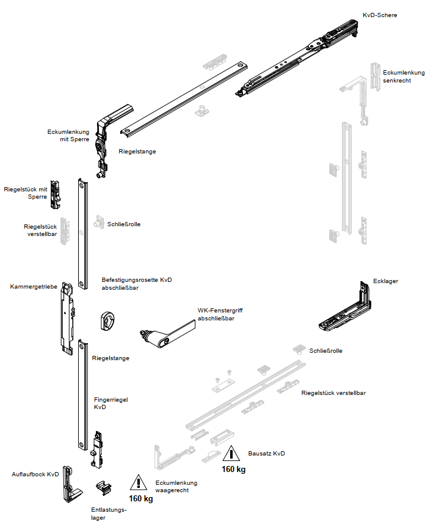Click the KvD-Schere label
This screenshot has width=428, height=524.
379,15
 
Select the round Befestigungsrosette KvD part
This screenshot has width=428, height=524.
108,320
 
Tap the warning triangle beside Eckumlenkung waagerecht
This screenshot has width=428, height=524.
139,483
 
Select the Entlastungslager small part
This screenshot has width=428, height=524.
104,489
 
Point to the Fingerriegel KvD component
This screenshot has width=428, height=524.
98,449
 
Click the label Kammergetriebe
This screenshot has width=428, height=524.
33,286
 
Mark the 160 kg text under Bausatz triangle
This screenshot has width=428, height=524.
233,470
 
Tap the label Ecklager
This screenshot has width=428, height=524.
385,281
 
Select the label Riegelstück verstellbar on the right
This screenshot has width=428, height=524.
333,393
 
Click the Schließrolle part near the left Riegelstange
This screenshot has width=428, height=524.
98,223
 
